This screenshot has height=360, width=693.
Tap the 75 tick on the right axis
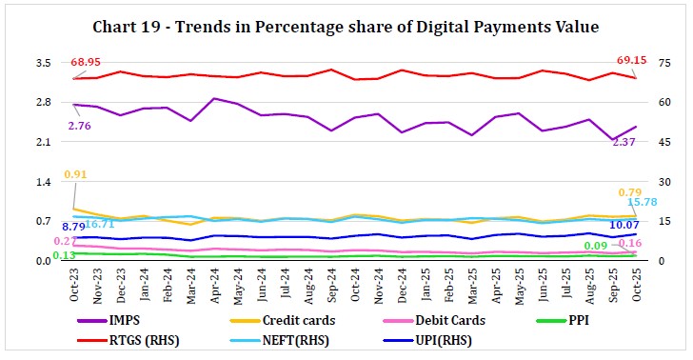click(x=655, y=63)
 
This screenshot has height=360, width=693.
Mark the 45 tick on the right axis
click(x=655, y=142)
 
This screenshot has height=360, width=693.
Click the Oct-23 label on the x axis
click(x=75, y=285)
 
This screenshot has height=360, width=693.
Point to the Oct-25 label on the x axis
click(x=636, y=285)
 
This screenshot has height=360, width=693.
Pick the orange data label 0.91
click(x=77, y=174)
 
